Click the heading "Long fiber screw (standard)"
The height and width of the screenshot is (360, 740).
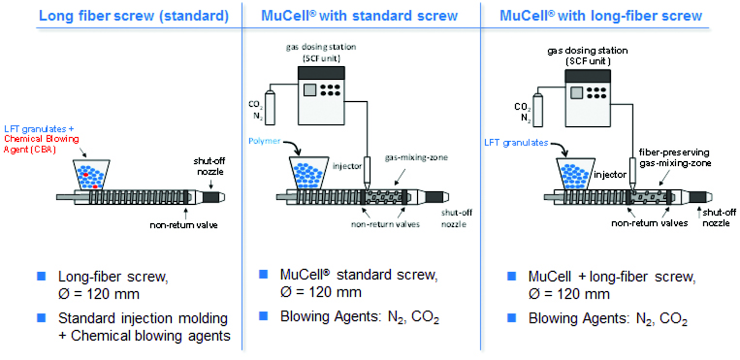134,15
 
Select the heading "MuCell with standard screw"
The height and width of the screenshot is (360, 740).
359,15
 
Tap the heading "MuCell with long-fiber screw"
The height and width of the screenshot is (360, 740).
601,15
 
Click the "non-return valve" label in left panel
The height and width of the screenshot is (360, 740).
183,225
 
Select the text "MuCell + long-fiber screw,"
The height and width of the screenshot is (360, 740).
612,277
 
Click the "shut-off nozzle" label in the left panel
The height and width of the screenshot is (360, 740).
205,167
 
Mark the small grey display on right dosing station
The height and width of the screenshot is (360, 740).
577,93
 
